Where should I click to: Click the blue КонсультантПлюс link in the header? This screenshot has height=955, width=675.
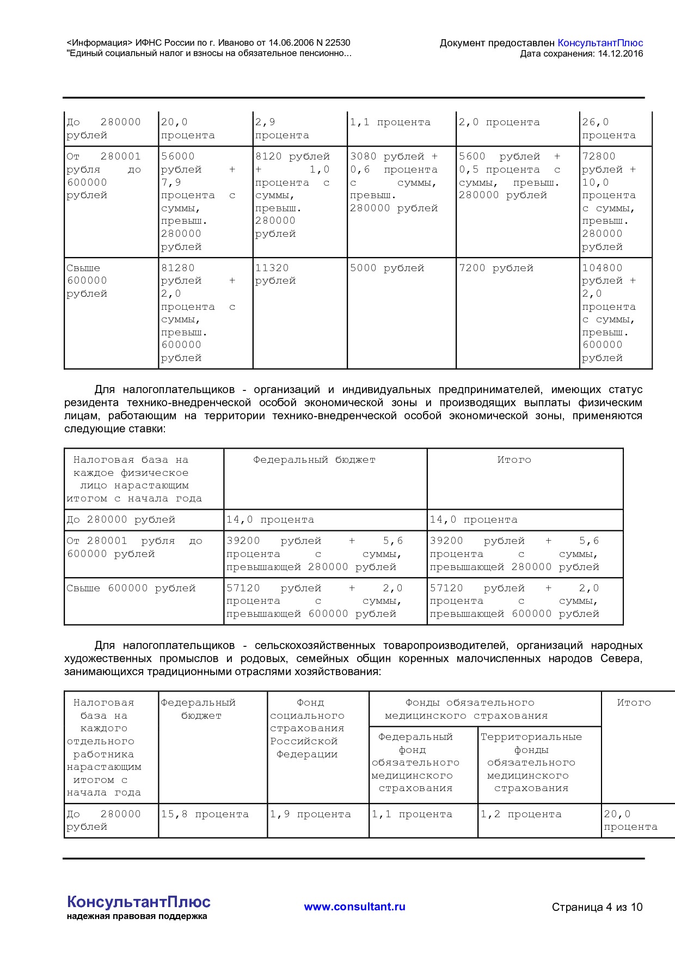600,43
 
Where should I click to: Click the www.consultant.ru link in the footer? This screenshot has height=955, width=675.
354,907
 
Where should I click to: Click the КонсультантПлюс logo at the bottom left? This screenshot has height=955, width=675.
138,902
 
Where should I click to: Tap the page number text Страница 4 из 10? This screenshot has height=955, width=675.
597,907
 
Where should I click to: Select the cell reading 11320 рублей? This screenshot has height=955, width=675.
275,274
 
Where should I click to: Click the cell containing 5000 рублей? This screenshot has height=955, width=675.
387,268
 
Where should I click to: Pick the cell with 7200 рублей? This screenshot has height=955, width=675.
496,268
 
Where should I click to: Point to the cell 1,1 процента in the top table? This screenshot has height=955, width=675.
390,123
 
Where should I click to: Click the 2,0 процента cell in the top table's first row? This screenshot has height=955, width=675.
499,123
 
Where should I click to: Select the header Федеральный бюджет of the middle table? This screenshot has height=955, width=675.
314,460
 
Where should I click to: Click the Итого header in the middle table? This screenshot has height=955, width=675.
514,460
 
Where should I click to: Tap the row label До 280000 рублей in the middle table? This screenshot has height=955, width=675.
121,520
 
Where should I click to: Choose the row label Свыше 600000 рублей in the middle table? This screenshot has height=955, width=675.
131,589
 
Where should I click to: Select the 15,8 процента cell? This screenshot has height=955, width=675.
205,815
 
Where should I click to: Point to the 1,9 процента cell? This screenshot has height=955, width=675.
310,815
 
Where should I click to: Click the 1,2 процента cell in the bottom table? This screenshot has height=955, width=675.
520,815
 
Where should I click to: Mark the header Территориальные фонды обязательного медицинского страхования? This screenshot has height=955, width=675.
531,762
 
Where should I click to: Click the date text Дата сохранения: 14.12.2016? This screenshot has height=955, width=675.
581,54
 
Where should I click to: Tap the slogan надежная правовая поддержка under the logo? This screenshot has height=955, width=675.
137,916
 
